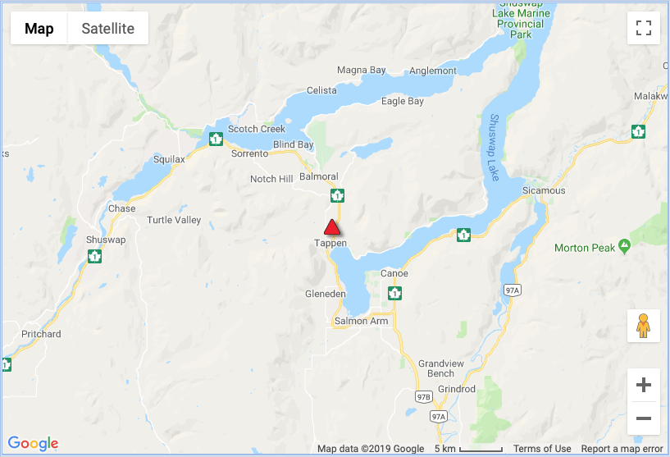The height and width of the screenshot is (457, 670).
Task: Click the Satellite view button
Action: (x=107, y=29)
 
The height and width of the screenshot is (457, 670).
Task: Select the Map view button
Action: (x=39, y=29)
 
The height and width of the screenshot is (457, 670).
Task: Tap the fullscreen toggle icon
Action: (x=644, y=29)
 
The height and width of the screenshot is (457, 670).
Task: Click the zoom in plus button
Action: (x=644, y=385)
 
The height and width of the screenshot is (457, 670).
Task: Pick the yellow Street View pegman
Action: (x=644, y=326)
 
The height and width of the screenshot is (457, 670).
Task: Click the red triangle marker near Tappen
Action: (x=331, y=228)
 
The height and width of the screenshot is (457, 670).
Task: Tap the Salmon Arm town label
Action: (x=361, y=322)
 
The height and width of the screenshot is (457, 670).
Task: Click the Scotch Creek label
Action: (x=257, y=129)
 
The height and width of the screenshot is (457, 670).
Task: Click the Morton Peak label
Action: (x=585, y=247)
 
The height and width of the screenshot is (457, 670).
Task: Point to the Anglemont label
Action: (x=433, y=71)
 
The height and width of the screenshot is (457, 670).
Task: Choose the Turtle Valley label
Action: (x=174, y=220)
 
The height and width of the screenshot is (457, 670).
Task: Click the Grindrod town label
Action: (x=457, y=389)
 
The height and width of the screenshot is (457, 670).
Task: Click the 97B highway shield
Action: (x=424, y=397)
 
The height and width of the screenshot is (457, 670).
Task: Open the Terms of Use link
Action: (x=542, y=449)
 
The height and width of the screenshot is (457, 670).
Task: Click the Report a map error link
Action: (x=622, y=449)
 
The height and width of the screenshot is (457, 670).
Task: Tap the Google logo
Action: (x=34, y=444)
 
